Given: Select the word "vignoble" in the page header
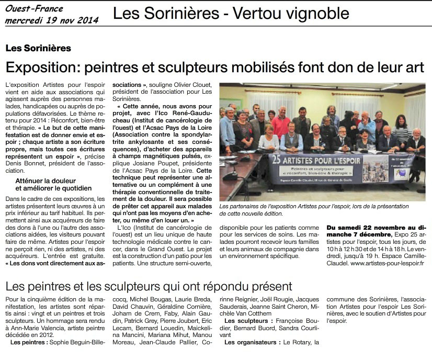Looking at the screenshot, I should point(316,13).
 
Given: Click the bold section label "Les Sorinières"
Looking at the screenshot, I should point(38,48).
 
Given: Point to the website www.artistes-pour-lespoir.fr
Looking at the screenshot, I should point(387,264).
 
